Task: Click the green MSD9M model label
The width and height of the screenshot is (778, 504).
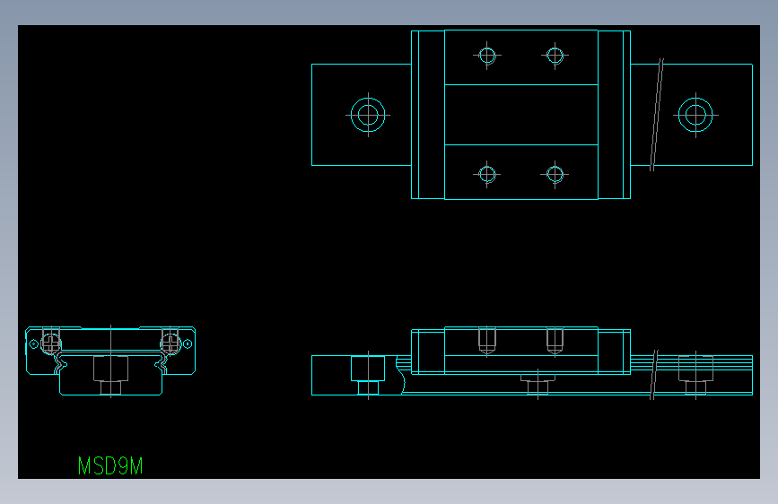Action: (109, 466)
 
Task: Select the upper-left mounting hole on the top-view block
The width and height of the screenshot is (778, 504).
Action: (487, 56)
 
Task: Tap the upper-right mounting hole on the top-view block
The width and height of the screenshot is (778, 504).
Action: (555, 56)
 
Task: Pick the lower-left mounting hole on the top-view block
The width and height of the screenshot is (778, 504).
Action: (487, 174)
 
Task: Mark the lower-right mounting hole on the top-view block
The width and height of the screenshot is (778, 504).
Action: (555, 174)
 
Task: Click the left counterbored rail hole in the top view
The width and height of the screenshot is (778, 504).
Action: (367, 115)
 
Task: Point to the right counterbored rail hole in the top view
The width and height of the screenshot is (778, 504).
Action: (695, 115)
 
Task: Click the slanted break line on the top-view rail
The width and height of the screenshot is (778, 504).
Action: (657, 115)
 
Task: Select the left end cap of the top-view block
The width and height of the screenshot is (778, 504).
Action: (428, 115)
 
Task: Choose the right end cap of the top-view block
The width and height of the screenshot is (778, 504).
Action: (614, 115)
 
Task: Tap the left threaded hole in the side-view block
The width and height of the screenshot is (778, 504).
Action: (487, 341)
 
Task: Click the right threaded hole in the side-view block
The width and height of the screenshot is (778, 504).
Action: (555, 341)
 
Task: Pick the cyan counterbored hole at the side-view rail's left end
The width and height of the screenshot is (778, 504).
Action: (367, 374)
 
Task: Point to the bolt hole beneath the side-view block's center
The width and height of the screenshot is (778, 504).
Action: (537, 384)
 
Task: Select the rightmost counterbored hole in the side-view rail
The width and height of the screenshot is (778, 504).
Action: (695, 374)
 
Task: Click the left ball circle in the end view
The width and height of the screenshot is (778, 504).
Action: (51, 342)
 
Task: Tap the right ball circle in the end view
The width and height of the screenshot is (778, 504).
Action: (170, 342)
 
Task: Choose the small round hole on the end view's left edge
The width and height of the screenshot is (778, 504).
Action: (34, 343)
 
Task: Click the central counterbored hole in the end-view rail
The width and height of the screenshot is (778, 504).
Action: (110, 374)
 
